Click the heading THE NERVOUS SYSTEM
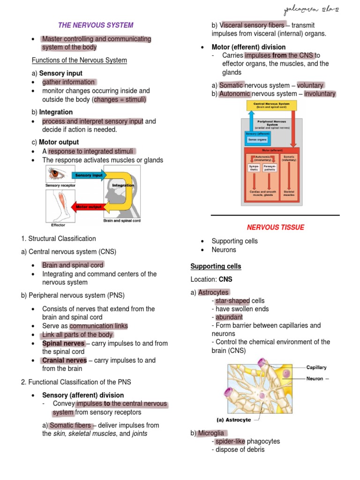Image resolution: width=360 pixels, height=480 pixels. (x=96, y=25)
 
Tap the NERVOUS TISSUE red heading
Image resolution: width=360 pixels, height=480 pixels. (x=276, y=227)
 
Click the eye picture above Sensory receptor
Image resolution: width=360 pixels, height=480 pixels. (x=59, y=174)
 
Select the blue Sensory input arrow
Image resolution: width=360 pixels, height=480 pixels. (x=88, y=175)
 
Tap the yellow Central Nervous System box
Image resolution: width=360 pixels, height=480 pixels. (x=271, y=105)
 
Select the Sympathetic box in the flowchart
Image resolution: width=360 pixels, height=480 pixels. (x=254, y=168)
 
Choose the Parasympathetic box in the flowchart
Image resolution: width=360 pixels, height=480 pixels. (x=270, y=168)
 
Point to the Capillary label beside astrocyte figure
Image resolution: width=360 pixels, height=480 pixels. (x=316, y=367)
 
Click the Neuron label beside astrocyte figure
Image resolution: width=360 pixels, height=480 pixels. (x=315, y=378)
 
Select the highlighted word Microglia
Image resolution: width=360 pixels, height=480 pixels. (x=211, y=433)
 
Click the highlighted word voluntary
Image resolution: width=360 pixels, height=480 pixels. (x=310, y=85)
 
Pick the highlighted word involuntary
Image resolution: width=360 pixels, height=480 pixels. (x=320, y=94)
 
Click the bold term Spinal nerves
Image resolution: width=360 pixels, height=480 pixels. (x=63, y=344)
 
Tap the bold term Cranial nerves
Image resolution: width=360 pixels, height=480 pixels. (x=64, y=360)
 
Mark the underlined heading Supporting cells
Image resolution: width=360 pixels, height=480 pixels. (x=216, y=266)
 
